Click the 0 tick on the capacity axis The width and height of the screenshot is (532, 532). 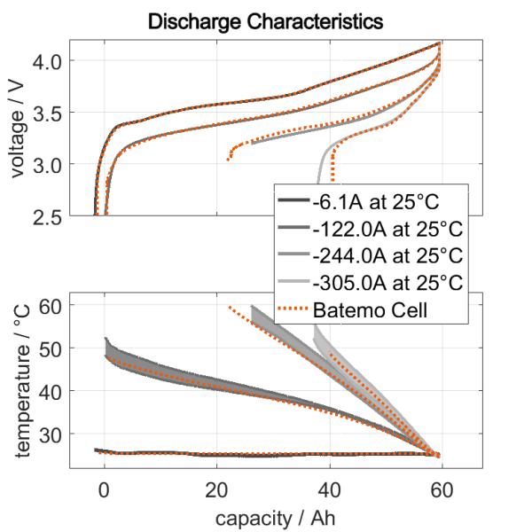[104, 489]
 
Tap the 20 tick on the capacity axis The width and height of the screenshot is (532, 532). [216, 489]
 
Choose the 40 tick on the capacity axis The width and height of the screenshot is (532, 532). [330, 489]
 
